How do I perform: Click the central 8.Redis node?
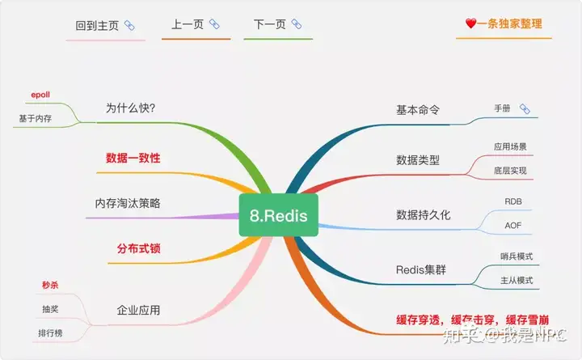click(278, 215)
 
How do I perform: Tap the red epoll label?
click(40, 95)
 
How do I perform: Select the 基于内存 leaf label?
click(36, 118)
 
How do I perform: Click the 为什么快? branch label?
click(130, 108)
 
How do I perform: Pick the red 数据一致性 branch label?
click(133, 158)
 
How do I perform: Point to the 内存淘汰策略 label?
click(128, 203)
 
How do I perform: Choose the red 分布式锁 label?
click(138, 248)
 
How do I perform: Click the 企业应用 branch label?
click(138, 310)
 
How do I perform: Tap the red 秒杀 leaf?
click(50, 285)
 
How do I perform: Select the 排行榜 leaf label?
click(50, 332)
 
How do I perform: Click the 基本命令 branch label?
click(418, 110)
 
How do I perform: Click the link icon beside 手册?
click(525, 109)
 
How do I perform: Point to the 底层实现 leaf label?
click(510, 171)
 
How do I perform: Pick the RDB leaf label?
click(513, 201)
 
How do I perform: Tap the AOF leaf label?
click(513, 226)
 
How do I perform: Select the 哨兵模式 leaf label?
click(517, 256)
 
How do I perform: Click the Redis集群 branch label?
click(421, 269)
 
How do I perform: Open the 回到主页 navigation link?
click(97, 26)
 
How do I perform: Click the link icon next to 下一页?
click(296, 24)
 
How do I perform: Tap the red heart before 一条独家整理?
click(470, 23)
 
